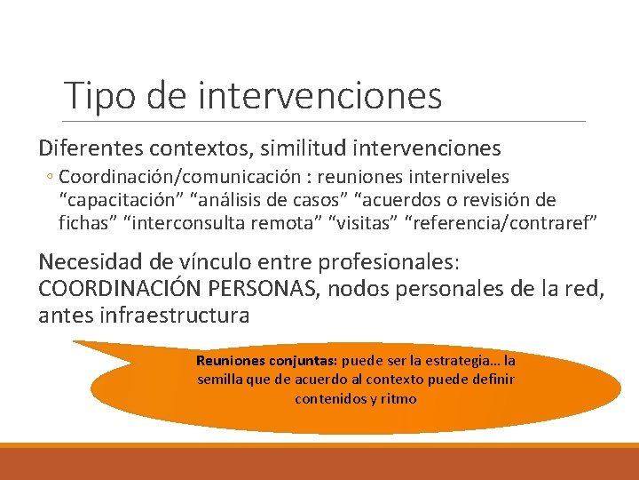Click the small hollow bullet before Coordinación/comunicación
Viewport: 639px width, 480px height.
tap(50, 178)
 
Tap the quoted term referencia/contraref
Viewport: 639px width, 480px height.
tap(501, 221)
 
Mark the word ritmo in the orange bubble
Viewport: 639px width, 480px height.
tap(398, 398)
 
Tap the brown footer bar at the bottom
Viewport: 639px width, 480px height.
tap(319, 463)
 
